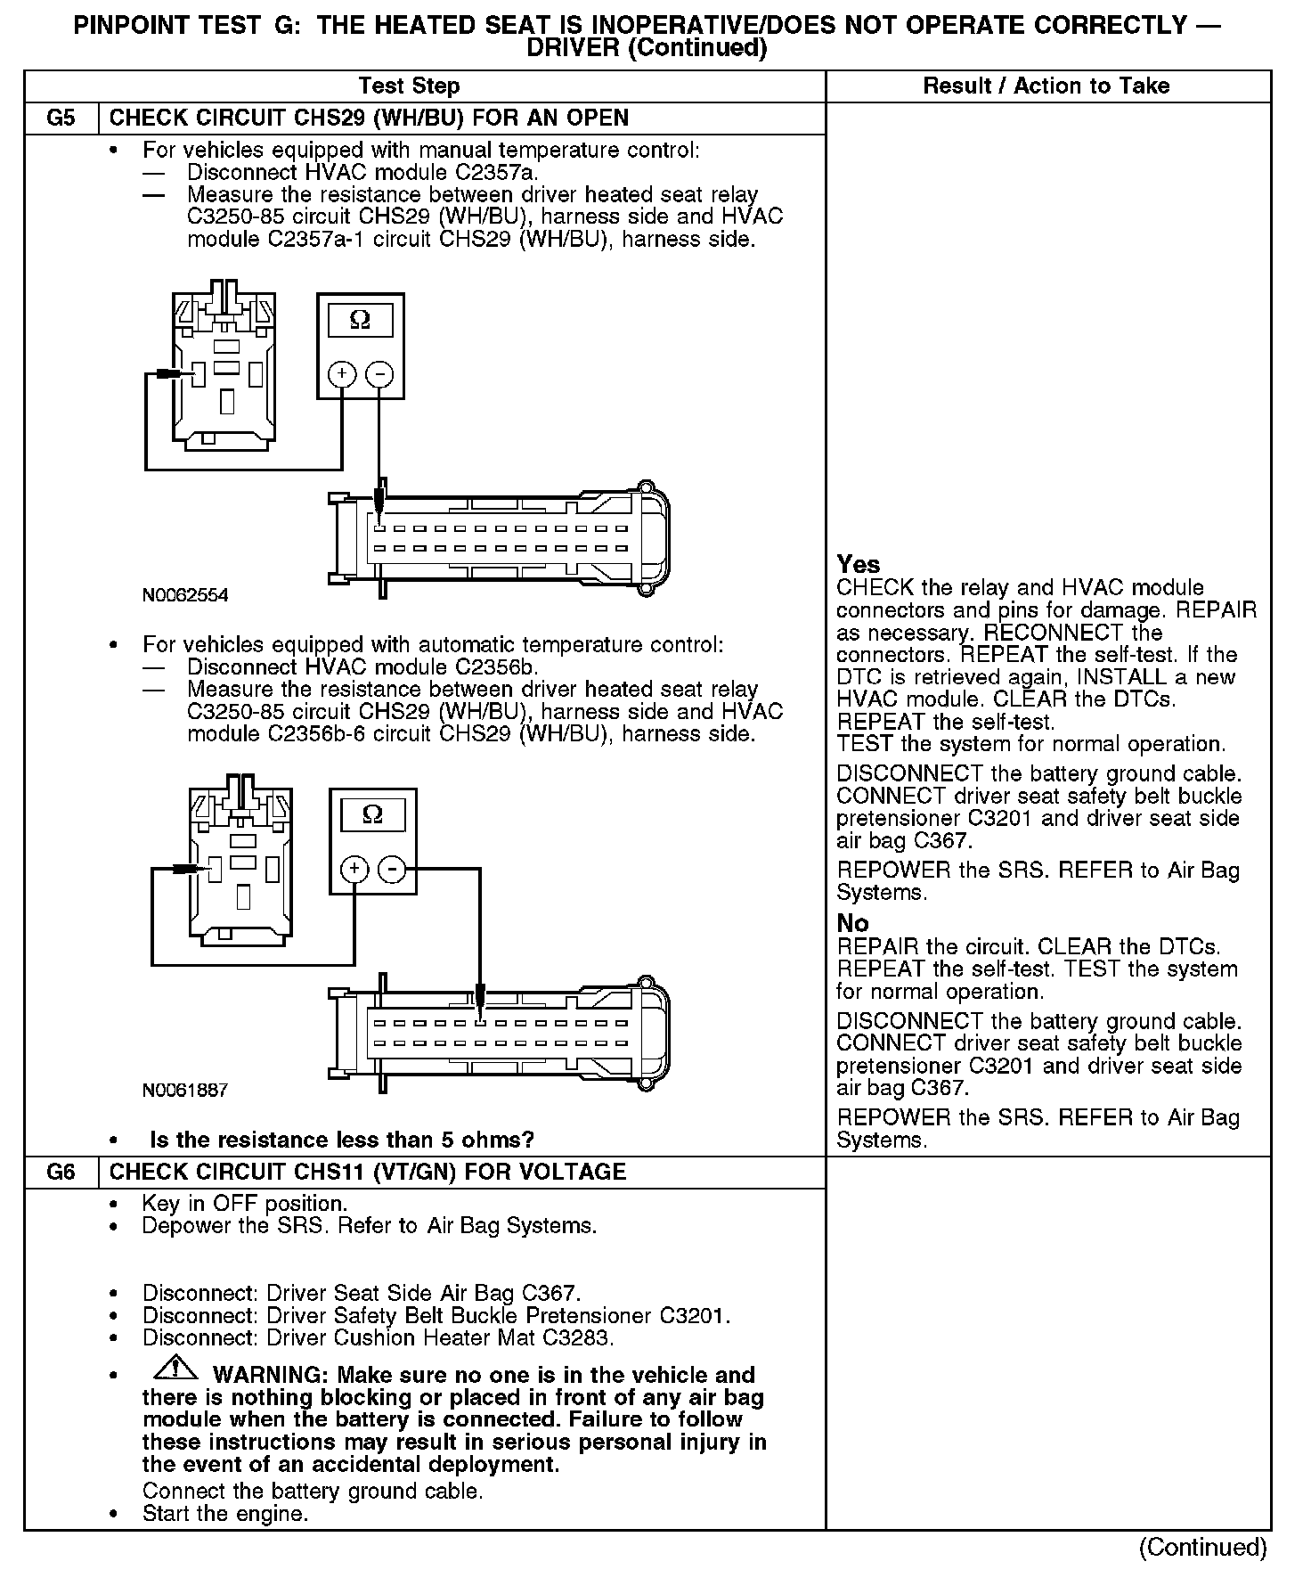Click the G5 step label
[61, 119]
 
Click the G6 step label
[61, 1172]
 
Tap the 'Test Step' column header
[409, 86]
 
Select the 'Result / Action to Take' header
[1046, 86]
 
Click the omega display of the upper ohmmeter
[361, 320]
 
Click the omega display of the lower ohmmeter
[373, 814]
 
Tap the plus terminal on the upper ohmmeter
[342, 374]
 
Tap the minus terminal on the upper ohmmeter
[380, 374]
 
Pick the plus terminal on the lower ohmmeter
[354, 869]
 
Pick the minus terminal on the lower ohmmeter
[393, 869]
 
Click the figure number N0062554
[185, 595]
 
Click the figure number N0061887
[185, 1090]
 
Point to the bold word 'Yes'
[859, 565]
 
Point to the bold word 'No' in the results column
[852, 923]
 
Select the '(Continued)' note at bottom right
[1202, 1547]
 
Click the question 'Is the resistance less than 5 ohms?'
[342, 1140]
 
